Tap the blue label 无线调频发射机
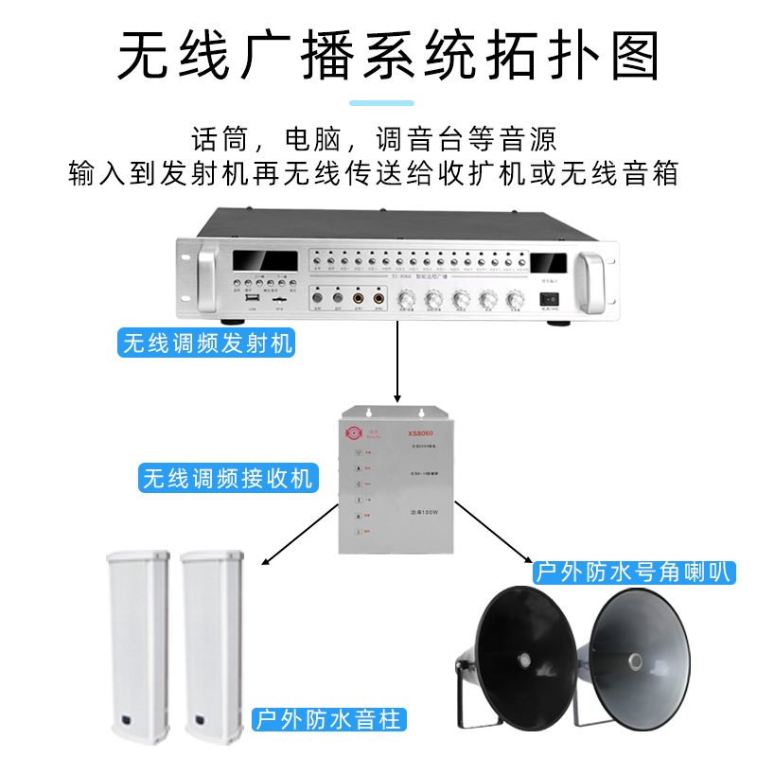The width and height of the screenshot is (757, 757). (x=207, y=343)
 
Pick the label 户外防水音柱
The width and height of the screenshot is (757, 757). (x=328, y=719)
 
